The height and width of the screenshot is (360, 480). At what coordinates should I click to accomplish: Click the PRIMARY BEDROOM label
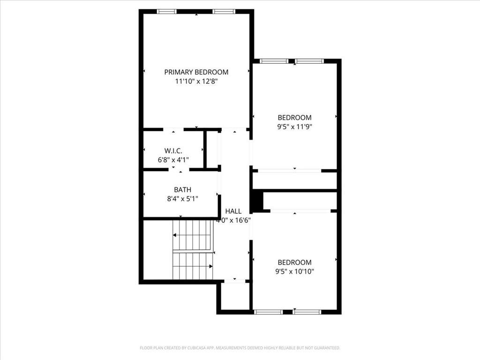click(196, 72)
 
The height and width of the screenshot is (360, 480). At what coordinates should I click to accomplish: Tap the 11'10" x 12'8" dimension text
click(196, 81)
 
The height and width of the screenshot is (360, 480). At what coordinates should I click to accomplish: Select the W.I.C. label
click(173, 151)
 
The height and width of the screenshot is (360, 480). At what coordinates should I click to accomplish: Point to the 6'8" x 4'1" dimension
click(173, 160)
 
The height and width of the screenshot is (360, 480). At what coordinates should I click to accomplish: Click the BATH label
click(182, 190)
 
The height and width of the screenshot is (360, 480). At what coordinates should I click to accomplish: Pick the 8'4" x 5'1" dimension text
click(182, 199)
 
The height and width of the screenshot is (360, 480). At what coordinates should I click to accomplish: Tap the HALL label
click(233, 211)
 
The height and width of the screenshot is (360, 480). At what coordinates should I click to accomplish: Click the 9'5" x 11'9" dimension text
click(294, 127)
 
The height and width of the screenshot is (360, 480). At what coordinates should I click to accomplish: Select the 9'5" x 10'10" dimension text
click(294, 271)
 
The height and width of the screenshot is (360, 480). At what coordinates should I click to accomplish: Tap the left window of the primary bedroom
click(166, 11)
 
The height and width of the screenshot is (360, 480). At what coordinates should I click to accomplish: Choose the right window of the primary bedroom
click(224, 11)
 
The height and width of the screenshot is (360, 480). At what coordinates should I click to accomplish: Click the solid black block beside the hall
click(256, 201)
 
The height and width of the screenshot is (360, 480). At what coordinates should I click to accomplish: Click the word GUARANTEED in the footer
click(326, 348)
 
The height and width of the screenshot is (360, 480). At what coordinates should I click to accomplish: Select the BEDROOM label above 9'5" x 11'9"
click(294, 118)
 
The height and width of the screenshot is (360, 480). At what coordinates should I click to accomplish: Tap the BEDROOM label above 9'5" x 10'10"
click(294, 262)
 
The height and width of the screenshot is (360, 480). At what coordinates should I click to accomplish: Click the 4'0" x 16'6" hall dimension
click(233, 220)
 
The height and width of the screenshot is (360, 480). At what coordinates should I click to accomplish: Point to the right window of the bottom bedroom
click(307, 312)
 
